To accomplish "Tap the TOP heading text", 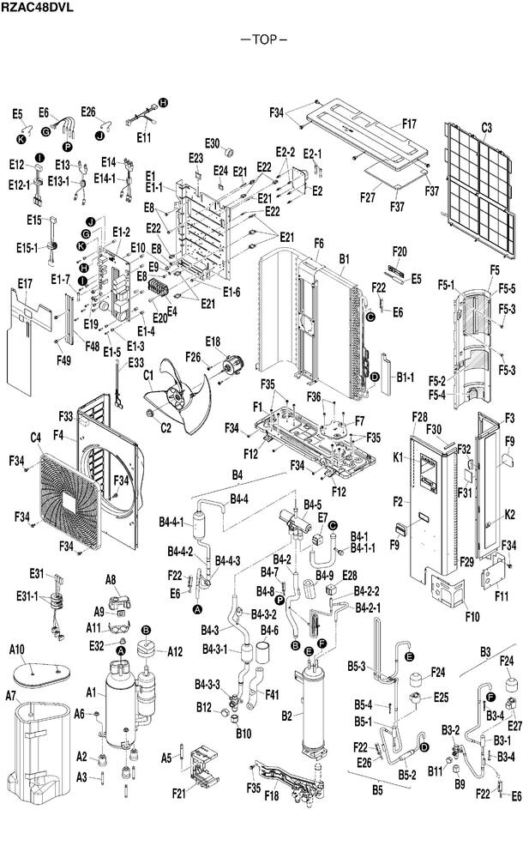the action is [x=265, y=39].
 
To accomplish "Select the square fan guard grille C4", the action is [x=70, y=500].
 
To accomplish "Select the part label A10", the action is [x=17, y=650].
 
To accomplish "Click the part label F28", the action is [x=419, y=417].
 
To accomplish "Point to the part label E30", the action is [x=213, y=143].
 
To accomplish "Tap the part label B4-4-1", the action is [x=171, y=522].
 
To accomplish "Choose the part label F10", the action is [x=472, y=617].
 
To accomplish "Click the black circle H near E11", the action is [x=163, y=102].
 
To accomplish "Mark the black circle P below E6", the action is [x=67, y=147].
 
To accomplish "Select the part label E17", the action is [x=25, y=283].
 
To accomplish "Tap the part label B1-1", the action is [x=406, y=377].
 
